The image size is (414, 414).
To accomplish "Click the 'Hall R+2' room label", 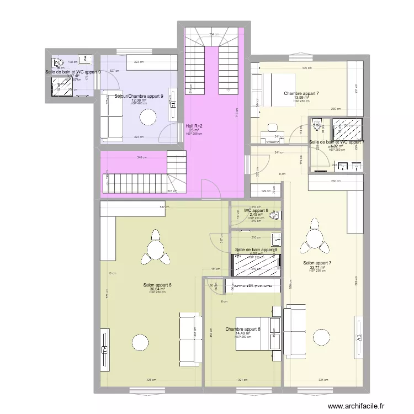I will coord(194,126).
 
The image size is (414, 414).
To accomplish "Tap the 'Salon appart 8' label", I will coord(157,285).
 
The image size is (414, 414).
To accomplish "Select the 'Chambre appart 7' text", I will coord(301,93).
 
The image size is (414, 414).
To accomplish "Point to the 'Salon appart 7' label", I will coord(317,263).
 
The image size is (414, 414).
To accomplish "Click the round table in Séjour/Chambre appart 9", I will coord(148,117).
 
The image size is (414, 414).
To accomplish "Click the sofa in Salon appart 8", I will coord(189,339).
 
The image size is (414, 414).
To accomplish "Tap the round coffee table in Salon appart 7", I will coord(321,336).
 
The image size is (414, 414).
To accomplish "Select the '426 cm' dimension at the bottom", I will coord(150,380).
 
